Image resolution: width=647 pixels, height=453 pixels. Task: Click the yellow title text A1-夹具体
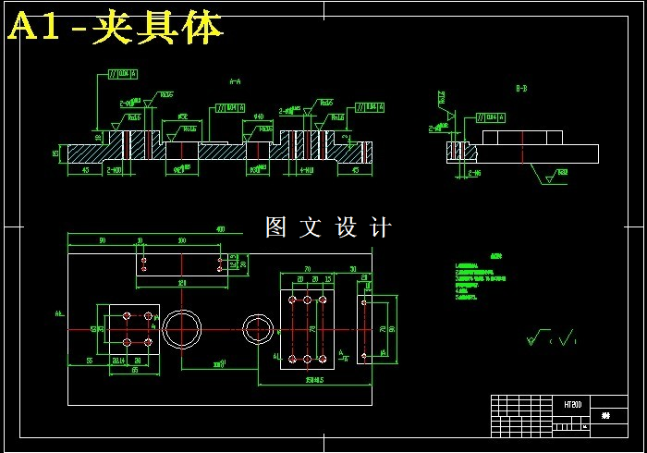point(116,29)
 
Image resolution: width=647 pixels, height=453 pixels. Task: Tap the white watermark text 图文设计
point(328,227)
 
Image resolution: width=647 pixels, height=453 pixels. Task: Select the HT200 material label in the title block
point(573,405)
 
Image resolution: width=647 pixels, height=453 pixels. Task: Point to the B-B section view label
point(521,89)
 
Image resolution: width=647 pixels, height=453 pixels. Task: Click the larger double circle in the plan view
point(184,327)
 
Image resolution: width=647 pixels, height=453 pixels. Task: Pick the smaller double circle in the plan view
point(257,327)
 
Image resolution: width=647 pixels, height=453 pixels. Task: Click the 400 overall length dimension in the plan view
point(220,229)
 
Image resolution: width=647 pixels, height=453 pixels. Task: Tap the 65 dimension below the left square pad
point(135,371)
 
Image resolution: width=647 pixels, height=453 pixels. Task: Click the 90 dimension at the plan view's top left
point(101,240)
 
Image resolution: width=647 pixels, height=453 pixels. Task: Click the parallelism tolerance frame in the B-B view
point(490,117)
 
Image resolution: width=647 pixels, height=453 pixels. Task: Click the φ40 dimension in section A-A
point(259,117)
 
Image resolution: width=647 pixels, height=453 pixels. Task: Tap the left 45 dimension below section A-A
point(85,170)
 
